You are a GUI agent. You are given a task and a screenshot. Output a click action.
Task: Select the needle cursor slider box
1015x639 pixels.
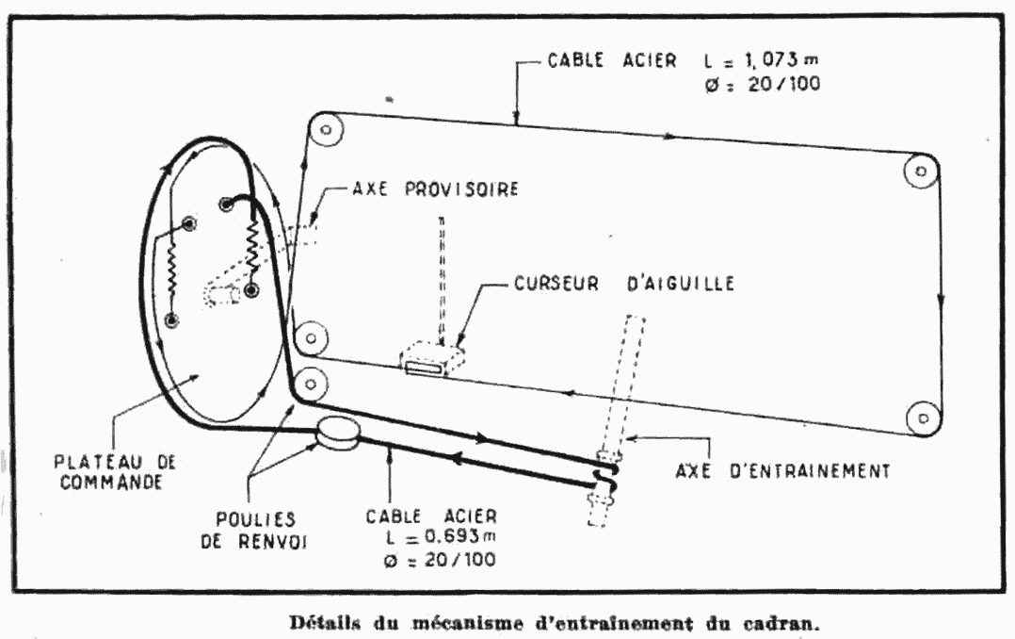click(x=432, y=360)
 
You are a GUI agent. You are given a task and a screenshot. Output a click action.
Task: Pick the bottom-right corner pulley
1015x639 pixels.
click(x=922, y=416)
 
